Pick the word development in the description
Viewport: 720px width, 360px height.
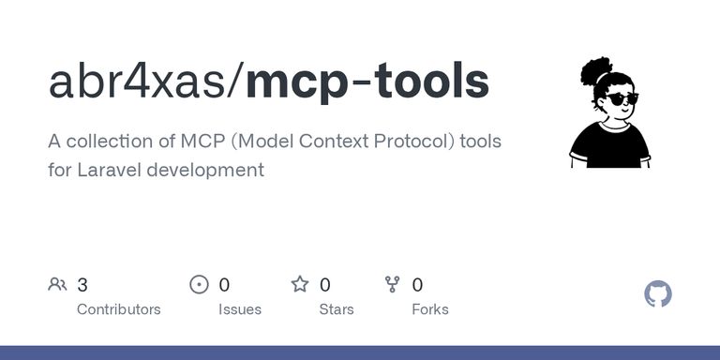click(205, 171)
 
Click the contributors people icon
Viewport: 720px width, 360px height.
click(57, 284)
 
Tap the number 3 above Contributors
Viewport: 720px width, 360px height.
click(82, 285)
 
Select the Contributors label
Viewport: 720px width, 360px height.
click(118, 309)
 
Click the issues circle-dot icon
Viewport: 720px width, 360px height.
click(199, 285)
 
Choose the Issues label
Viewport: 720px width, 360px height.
click(240, 309)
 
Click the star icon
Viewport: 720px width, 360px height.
click(300, 284)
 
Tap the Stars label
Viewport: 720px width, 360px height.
click(337, 309)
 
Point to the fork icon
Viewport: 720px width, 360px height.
click(392, 284)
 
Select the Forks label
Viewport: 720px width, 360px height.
click(430, 309)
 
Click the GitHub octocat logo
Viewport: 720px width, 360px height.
click(658, 293)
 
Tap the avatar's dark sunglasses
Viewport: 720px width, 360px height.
click(622, 98)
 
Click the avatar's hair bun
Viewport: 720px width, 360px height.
click(595, 71)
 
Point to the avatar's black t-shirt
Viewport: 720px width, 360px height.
click(609, 146)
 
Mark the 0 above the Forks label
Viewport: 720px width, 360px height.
click(417, 285)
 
